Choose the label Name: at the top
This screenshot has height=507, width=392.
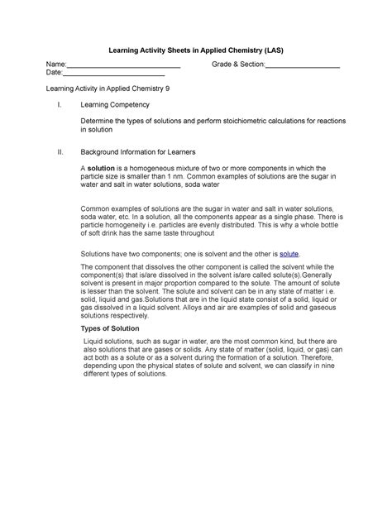[x=55, y=65]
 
